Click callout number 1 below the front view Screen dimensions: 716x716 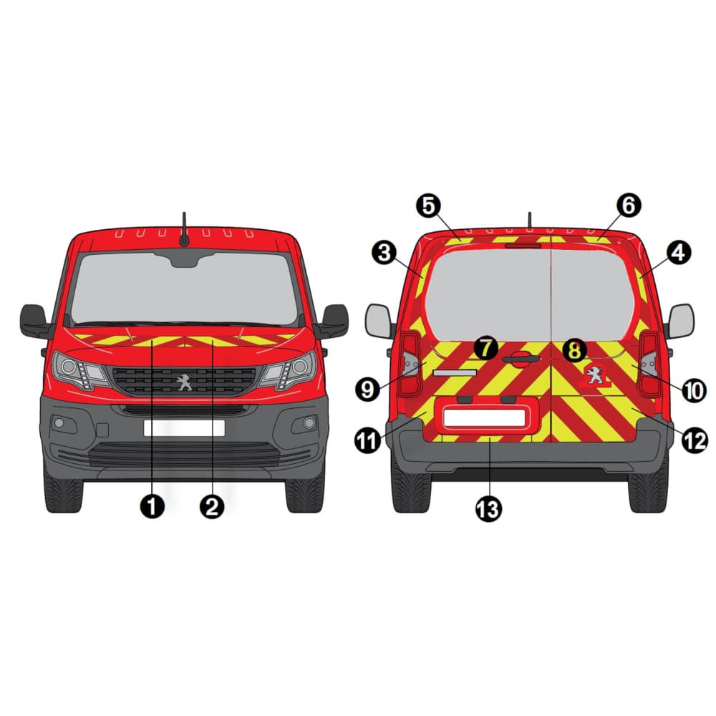152,506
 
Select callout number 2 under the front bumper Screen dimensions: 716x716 213,506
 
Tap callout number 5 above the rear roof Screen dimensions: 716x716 429,206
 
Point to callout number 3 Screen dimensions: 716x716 384,253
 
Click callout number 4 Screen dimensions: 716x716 679,253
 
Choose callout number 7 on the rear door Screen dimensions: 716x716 486,349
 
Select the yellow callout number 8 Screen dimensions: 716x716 574,351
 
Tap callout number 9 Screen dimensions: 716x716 367,390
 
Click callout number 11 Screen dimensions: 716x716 367,440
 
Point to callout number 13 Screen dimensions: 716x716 488,509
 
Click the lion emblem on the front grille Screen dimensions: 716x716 185,382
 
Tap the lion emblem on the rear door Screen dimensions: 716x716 594,374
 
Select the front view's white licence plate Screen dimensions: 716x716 184,428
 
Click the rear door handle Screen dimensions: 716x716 521,359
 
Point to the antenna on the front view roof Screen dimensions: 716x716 184,229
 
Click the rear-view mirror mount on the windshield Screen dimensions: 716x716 185,259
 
